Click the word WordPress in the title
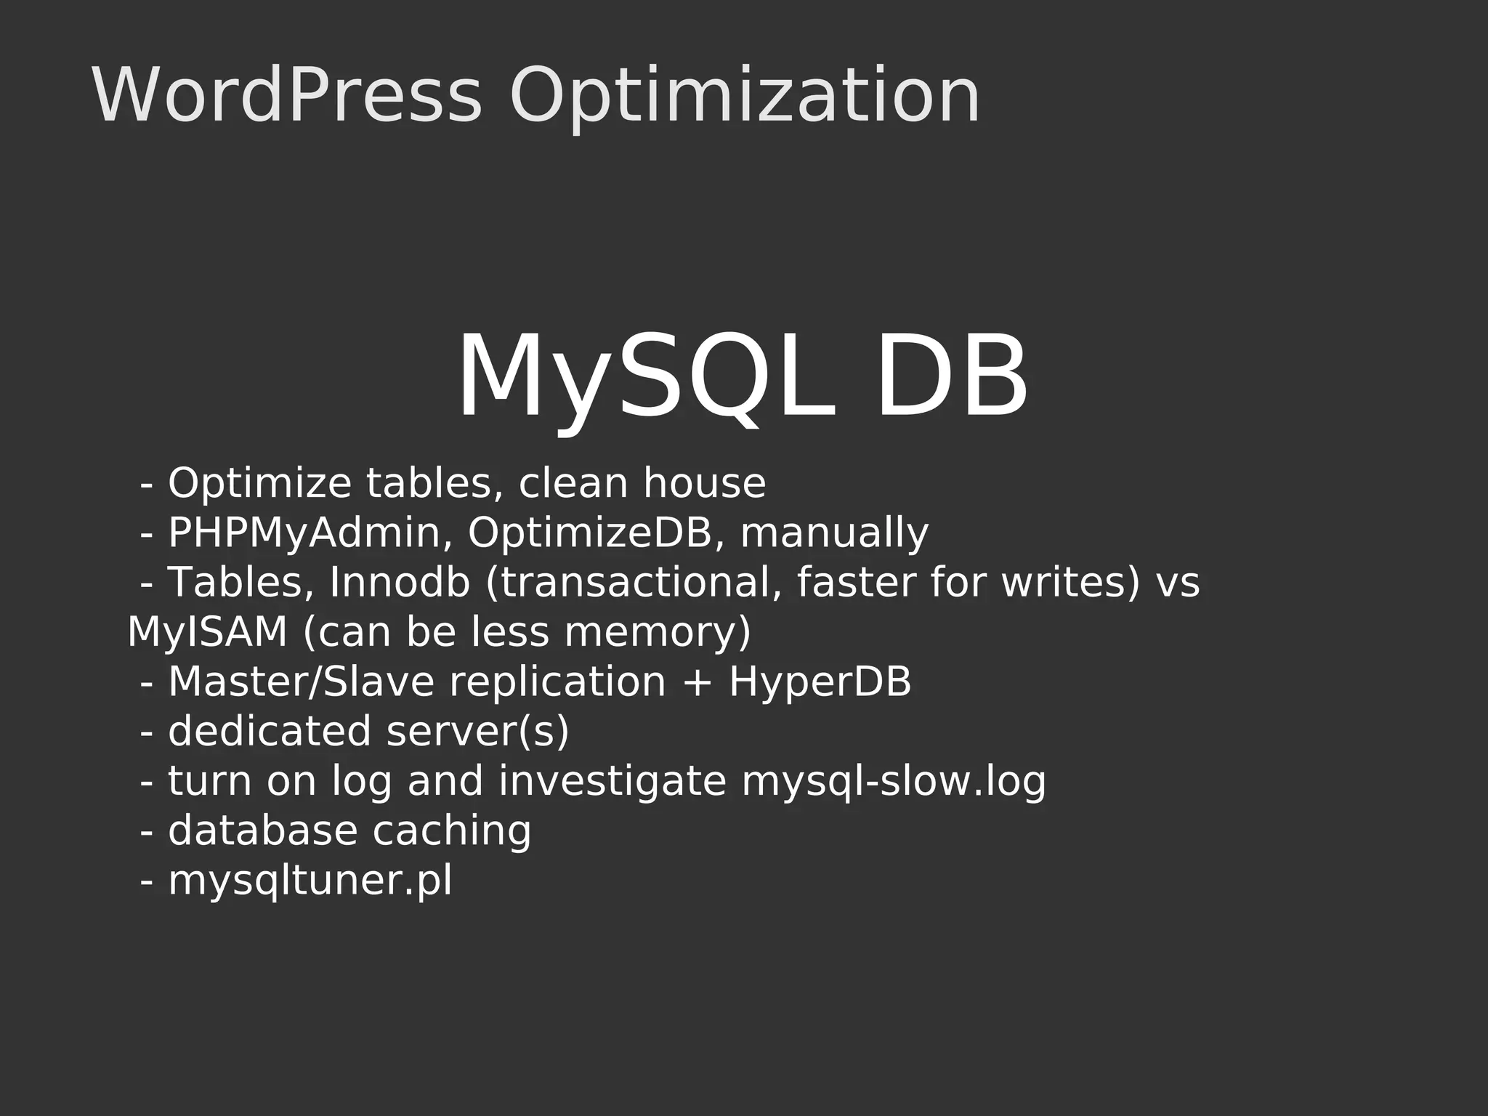point(286,96)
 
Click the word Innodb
point(400,583)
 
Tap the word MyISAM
point(207,632)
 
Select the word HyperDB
point(820,682)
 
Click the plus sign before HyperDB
point(697,684)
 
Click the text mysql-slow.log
point(894,782)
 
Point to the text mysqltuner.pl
point(310,881)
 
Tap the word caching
point(452,831)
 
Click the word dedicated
point(270,732)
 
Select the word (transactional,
point(633,583)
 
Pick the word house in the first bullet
point(704,483)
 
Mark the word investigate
point(612,782)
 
